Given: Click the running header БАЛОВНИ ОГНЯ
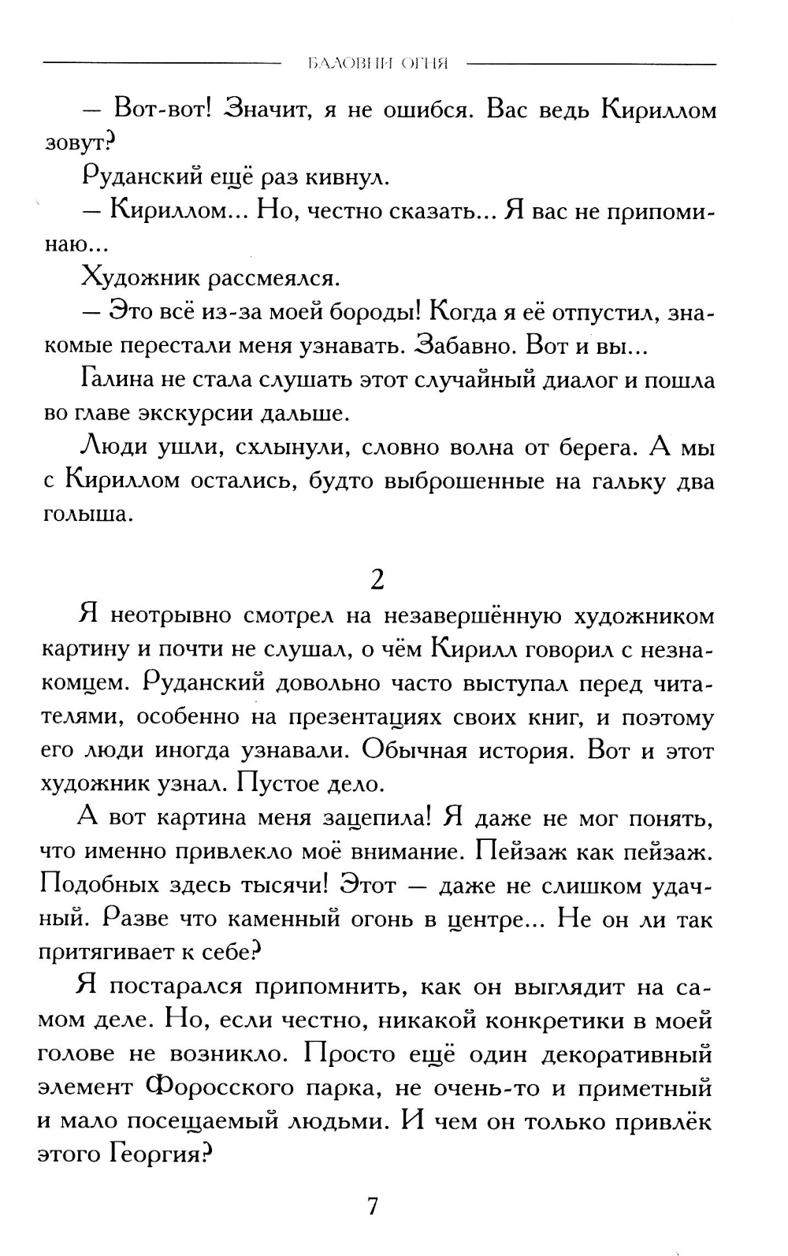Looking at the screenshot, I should tap(378, 64).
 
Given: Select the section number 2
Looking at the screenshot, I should tap(377, 580).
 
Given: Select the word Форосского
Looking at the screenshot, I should tap(223, 1088).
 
